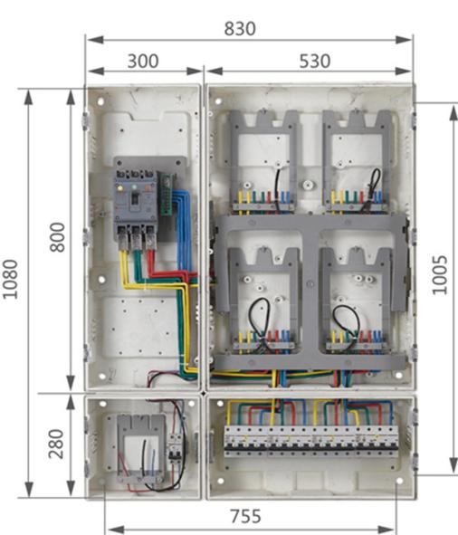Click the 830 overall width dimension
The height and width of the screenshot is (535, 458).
point(240,28)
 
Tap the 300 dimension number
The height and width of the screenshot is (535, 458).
point(143,61)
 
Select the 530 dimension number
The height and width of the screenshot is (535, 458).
point(315,61)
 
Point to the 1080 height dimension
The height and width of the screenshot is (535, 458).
point(10,279)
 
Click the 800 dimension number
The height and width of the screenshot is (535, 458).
point(57,237)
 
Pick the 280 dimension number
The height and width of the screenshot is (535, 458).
point(56,444)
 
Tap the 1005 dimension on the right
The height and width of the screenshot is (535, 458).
point(440,274)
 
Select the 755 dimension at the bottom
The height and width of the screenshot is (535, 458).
point(245,516)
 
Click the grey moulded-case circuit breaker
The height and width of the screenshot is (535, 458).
point(136,209)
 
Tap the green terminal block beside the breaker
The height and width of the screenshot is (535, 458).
point(167,194)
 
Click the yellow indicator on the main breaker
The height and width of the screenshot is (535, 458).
point(119,187)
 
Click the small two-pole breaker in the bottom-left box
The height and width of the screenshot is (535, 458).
point(175,448)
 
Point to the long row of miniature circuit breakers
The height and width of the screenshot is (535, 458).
point(310,441)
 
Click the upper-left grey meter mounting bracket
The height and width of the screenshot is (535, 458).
point(262,160)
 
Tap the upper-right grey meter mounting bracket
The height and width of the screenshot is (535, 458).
point(358,160)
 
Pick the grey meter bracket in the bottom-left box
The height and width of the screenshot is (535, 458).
point(141,448)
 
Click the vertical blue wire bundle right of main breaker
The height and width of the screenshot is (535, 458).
point(183,232)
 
